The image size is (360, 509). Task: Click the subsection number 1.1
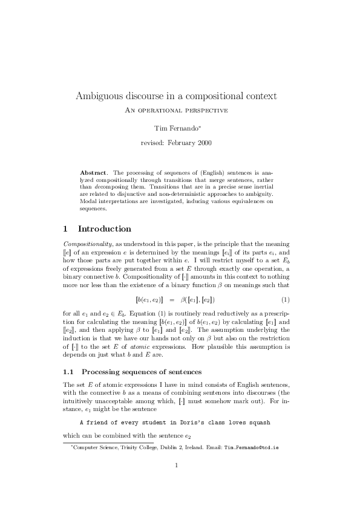coord(68,371)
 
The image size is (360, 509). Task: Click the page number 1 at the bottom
coord(175,482)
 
